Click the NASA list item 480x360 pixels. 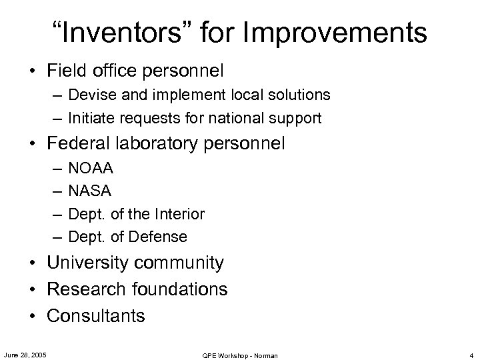90,191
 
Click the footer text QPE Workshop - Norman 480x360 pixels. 239,355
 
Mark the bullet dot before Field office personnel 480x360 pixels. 32,69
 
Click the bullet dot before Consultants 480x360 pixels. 32,316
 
